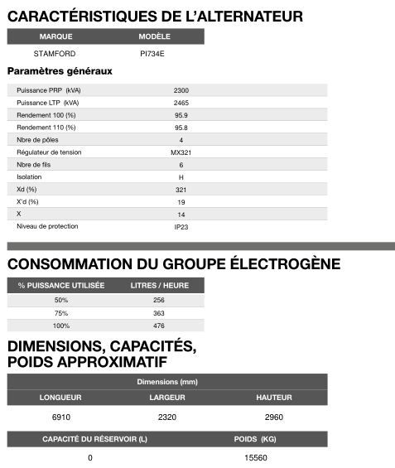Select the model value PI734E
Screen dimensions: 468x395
tap(153, 54)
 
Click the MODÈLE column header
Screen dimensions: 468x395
tap(154, 36)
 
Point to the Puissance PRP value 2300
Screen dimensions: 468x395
tap(181, 90)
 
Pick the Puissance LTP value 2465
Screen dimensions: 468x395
tap(181, 103)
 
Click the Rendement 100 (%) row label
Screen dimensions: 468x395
tap(46, 115)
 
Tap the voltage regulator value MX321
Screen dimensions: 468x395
tap(181, 152)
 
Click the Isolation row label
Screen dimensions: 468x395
tap(29, 177)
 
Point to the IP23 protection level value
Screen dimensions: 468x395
tap(181, 226)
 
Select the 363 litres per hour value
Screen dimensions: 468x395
tap(159, 313)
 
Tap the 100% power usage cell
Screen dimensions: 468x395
tap(61, 326)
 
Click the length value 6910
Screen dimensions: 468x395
tap(60, 416)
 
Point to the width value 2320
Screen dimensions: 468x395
tap(167, 416)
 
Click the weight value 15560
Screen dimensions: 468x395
tap(256, 457)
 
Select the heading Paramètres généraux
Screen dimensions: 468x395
tap(60, 71)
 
